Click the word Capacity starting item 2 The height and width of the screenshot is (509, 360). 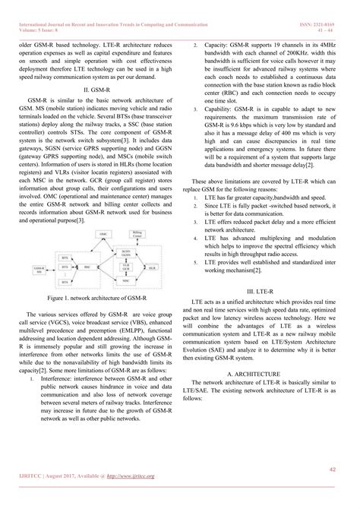pos(221,46)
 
